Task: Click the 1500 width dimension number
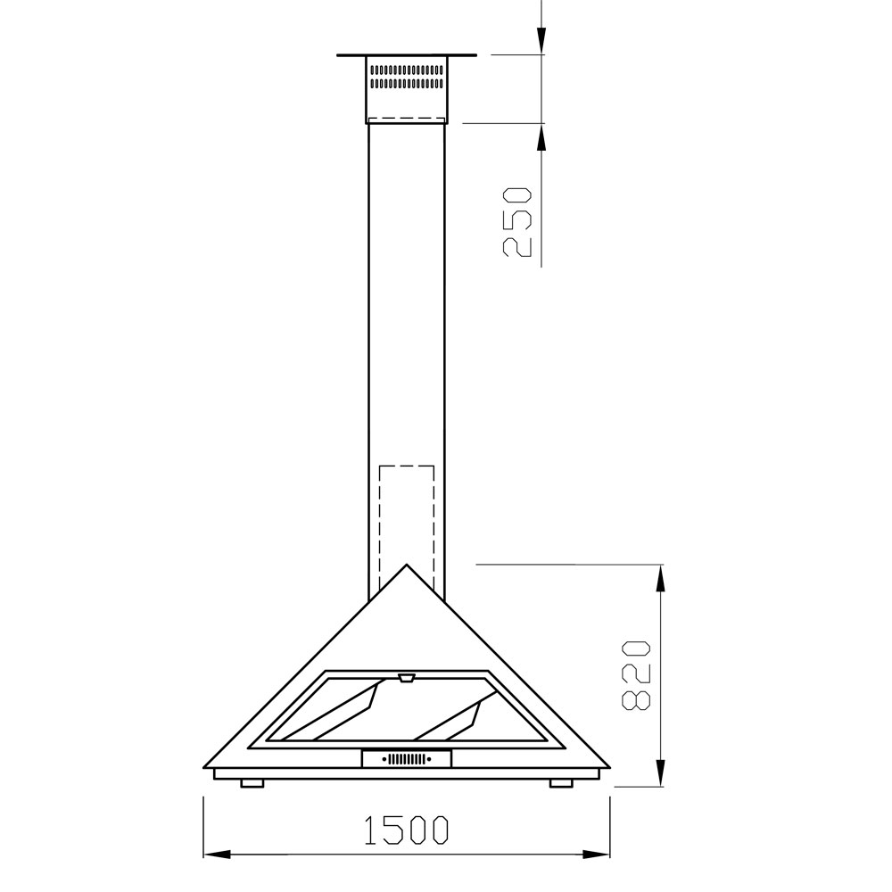coord(406,830)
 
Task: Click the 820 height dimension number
coord(635,675)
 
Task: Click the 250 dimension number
coord(516,222)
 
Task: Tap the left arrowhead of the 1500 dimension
coord(217,855)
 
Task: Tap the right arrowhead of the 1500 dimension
coord(597,855)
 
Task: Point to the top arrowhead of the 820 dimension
coord(660,578)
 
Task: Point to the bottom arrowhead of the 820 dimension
coord(660,773)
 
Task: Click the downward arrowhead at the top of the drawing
coord(541,41)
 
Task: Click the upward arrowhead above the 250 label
coord(541,137)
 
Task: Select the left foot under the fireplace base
coord(252,783)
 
